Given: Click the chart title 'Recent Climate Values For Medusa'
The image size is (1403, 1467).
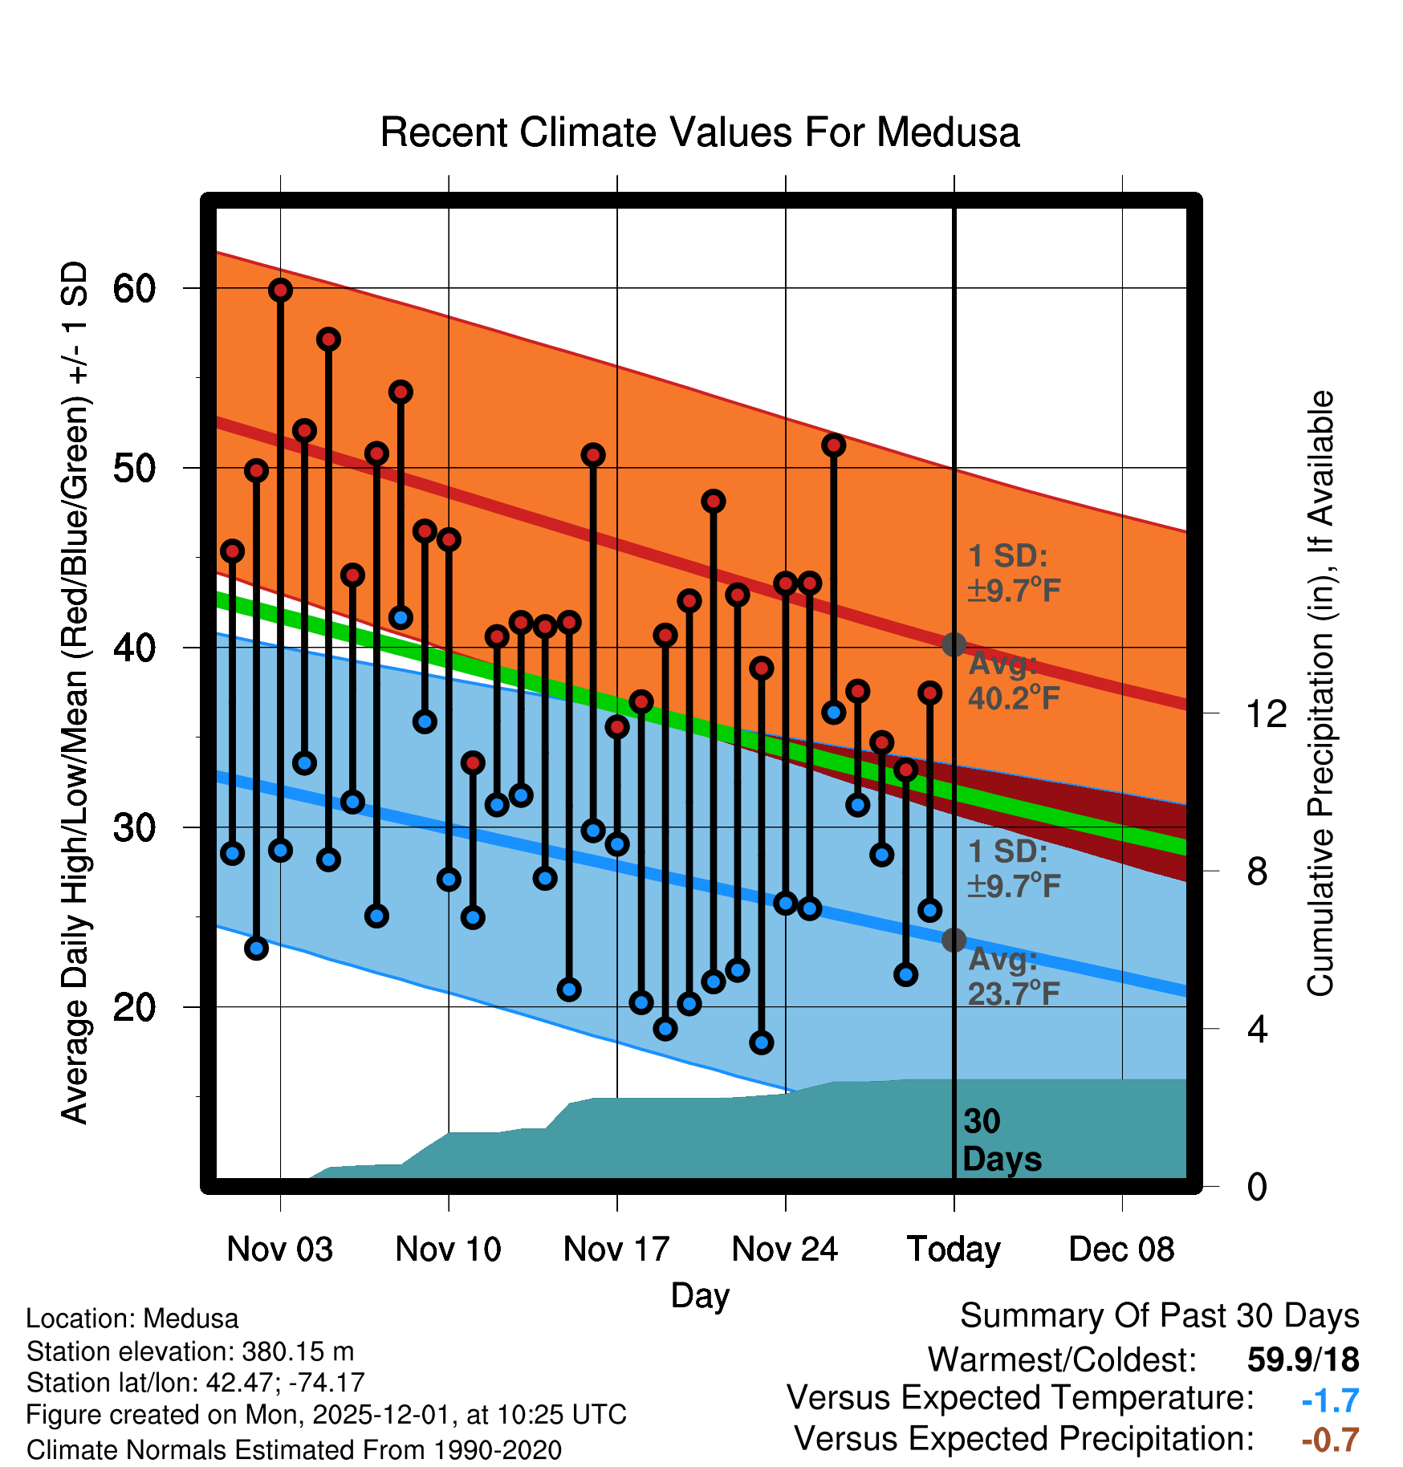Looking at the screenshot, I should coord(700,133).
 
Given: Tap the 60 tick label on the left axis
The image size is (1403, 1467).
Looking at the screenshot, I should coord(134,289).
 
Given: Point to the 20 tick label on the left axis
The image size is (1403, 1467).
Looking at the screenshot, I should coord(134,1007).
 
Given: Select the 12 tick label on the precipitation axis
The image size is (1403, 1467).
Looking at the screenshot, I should coord(1266,713).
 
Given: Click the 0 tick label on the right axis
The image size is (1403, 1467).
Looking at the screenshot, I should coord(1257,1186).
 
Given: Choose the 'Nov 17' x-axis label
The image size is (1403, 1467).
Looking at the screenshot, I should coord(616,1250).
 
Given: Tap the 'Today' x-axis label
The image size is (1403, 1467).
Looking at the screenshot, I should coord(954,1250).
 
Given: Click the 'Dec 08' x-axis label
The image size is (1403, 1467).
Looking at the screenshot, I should coord(1121,1250).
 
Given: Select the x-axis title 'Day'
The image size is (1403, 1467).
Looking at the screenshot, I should coord(700,1296).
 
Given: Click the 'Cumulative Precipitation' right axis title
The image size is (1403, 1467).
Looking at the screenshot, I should coord(1320,694).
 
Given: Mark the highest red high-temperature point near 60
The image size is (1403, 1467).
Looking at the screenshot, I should coord(280,291).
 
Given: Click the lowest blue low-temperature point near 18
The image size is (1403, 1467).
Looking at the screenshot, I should coord(762,1042).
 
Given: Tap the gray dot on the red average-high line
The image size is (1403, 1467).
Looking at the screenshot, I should coord(954,644).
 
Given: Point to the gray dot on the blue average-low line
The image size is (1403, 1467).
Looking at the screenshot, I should coord(954,940).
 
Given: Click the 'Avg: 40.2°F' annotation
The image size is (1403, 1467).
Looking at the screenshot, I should coord(1014,681).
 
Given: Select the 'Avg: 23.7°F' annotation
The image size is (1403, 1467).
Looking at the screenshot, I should coord(1014,977).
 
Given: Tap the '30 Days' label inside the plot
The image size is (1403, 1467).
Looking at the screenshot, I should coord(1001,1140).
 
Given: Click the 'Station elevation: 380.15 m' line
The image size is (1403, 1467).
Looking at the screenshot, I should coord(190,1351).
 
